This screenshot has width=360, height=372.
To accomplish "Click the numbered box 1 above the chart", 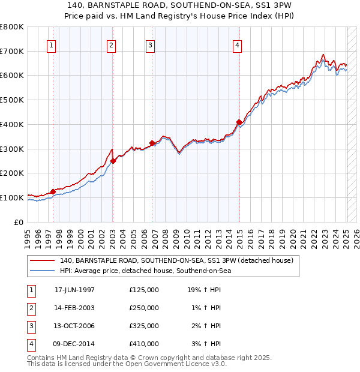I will click(x=51, y=44).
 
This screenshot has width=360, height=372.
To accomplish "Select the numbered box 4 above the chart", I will click(x=238, y=44).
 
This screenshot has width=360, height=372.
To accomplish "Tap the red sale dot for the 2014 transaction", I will click(x=239, y=122).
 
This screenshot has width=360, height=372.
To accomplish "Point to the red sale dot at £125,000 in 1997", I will click(x=53, y=191).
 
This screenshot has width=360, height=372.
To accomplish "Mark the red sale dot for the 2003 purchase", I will click(x=113, y=161).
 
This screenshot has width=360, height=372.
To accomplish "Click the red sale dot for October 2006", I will click(x=152, y=143).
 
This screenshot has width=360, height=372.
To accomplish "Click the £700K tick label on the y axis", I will click(x=12, y=52).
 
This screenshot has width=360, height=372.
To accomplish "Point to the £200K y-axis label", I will click(x=12, y=173).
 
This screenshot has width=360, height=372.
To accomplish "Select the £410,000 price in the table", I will click(x=144, y=344).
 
